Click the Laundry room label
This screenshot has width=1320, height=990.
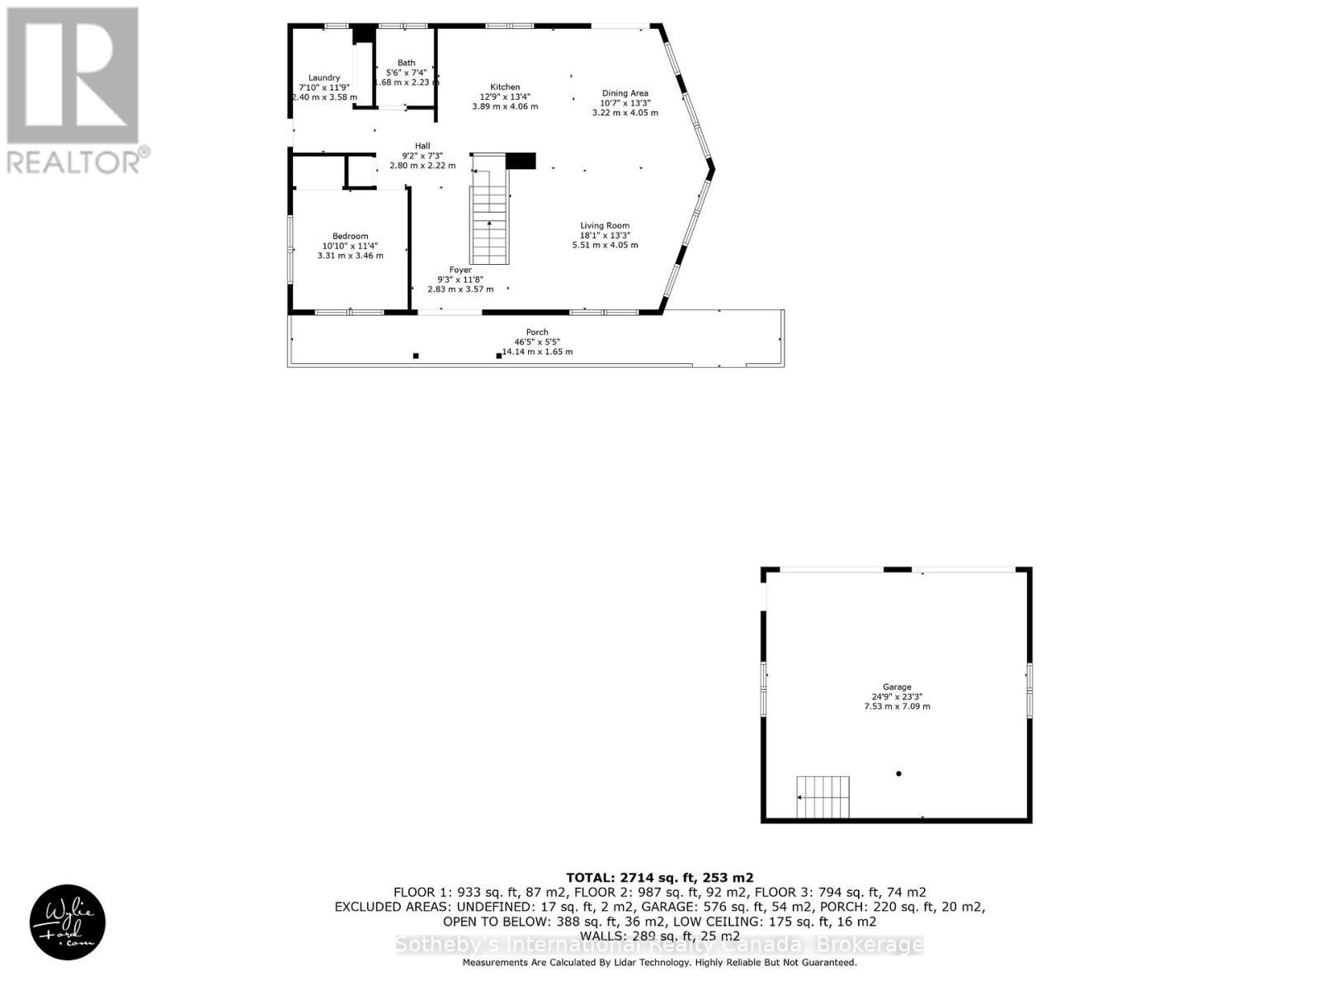click(324, 78)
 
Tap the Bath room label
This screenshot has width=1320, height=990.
click(406, 63)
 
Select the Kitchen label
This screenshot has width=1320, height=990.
click(505, 87)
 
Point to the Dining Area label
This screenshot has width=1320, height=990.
click(625, 93)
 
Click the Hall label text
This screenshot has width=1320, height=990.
click(422, 146)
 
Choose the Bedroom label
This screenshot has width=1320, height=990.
click(350, 236)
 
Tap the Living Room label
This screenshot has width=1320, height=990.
click(605, 225)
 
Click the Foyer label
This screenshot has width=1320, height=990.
click(460, 270)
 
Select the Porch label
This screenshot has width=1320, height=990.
click(537, 332)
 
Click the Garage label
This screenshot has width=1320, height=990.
click(897, 686)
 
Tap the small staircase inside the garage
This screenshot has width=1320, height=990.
click(823, 796)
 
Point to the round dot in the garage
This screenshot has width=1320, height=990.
click(898, 774)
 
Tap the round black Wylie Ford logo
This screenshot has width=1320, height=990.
click(68, 922)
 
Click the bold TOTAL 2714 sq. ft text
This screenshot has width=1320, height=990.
click(659, 878)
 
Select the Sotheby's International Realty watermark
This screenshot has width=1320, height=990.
click(659, 945)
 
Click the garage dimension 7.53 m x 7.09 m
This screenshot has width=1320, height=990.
click(897, 706)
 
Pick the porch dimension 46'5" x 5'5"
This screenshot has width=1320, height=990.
click(537, 342)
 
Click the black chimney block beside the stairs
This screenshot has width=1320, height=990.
click(521, 161)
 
